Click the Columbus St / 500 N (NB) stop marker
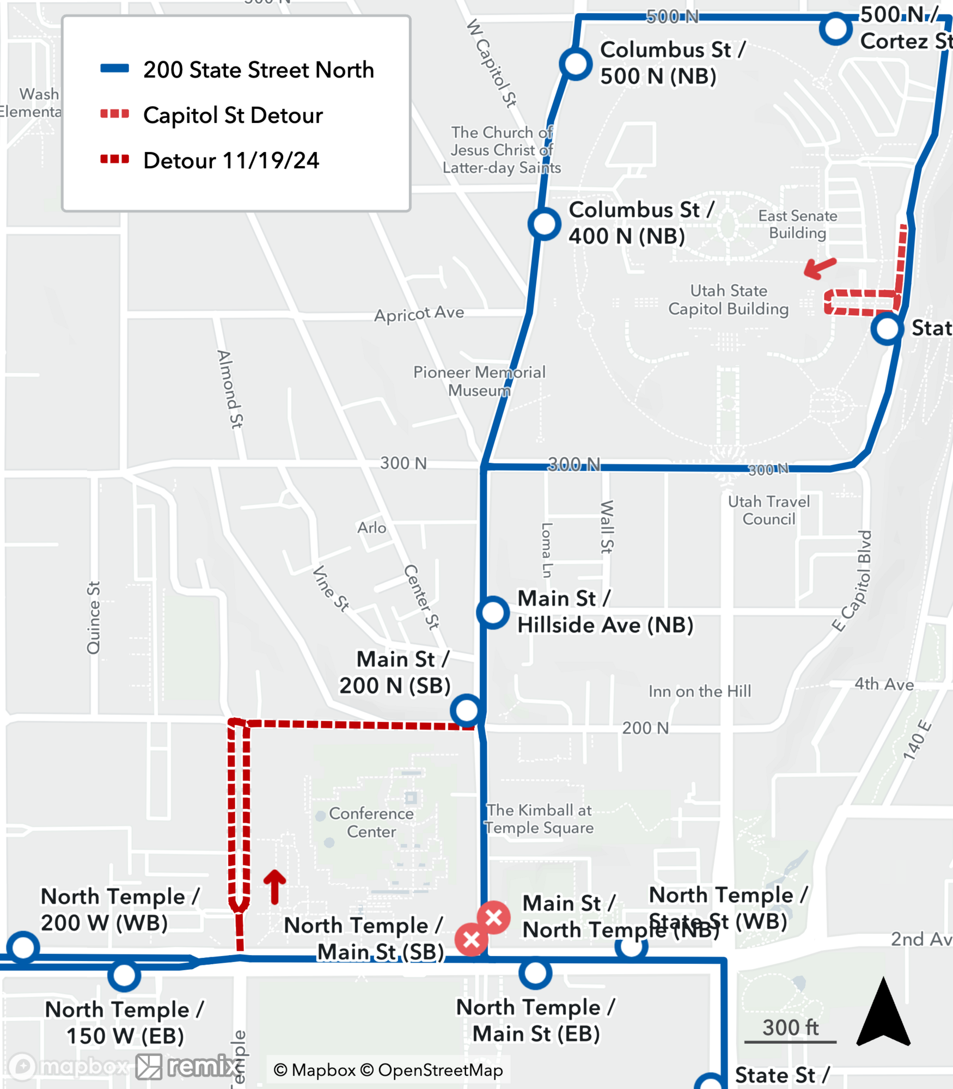pos(576,64)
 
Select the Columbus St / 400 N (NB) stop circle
pos(544,224)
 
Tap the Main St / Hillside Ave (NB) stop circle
pos(493,613)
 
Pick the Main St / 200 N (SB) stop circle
pos(467,711)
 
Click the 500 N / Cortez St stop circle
pos(835,29)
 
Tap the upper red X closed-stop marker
pos(494,918)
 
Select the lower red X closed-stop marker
pos(472,939)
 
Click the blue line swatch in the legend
pos(114,69)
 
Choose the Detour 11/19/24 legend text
pos(231,161)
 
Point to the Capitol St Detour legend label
pos(233,115)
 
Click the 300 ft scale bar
pos(790,1042)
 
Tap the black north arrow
pos(883,1014)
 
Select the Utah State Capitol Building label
pos(728,300)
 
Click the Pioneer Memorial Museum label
pos(479,381)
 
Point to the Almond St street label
pos(230,389)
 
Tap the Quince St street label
pos(94,617)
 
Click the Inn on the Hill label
pos(699,692)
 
